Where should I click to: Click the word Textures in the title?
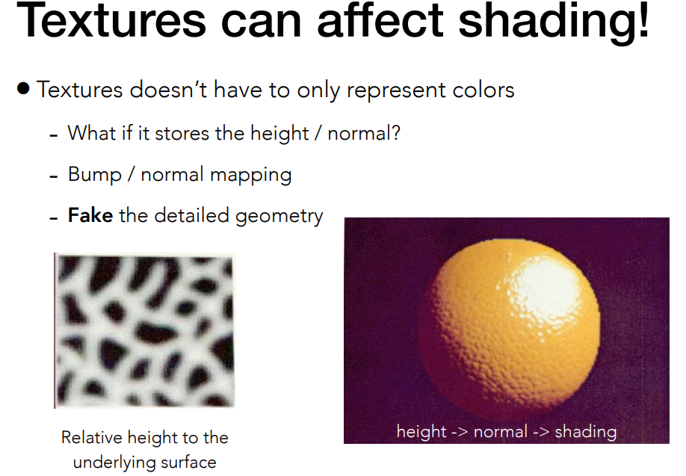pyautogui.click(x=111, y=23)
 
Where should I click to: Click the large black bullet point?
pyautogui.click(x=23, y=89)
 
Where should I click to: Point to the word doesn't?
pyautogui.click(x=170, y=90)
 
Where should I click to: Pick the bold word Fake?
pyautogui.click(x=90, y=216)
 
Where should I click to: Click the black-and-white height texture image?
pyautogui.click(x=144, y=330)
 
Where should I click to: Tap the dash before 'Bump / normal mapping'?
pyautogui.click(x=53, y=177)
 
